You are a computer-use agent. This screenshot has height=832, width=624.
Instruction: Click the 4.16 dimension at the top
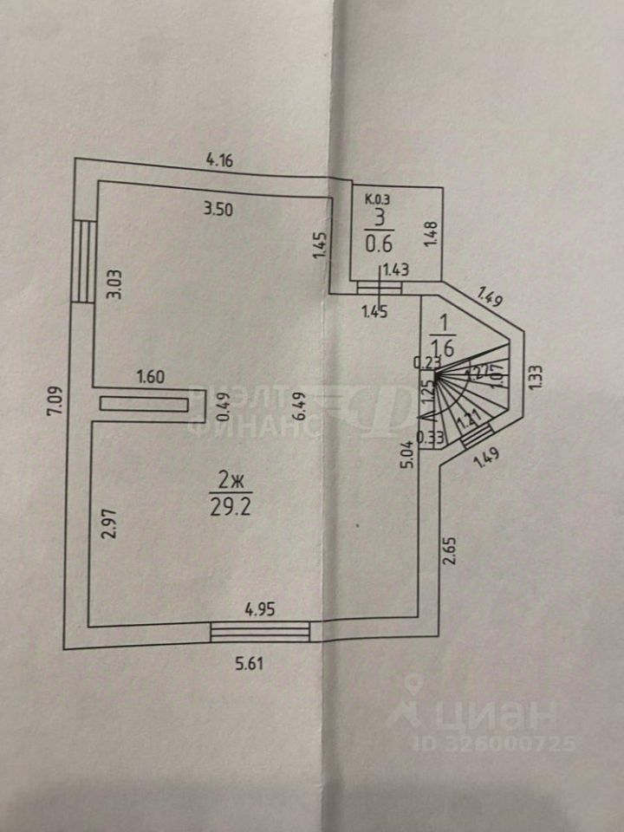click(x=218, y=159)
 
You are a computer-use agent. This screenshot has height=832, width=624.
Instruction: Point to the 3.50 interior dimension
click(x=218, y=208)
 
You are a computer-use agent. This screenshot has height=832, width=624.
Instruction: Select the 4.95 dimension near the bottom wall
click(x=260, y=609)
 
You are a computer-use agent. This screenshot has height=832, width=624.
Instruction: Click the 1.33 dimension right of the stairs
click(x=537, y=379)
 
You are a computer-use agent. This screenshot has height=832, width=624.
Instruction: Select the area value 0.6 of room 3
click(x=376, y=244)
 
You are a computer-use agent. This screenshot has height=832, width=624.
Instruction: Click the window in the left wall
click(x=83, y=261)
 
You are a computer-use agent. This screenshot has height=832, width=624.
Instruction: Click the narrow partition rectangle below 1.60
click(x=145, y=403)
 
